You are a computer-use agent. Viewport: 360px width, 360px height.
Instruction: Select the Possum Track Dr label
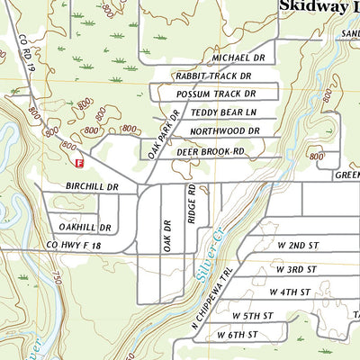pyautogui.click(x=216, y=94)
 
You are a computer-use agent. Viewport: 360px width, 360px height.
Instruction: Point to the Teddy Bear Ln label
pyautogui.click(x=223, y=112)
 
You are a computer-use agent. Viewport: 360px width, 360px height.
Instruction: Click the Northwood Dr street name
pyautogui.click(x=224, y=131)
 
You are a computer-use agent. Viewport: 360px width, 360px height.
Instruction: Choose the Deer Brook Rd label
pyautogui.click(x=211, y=152)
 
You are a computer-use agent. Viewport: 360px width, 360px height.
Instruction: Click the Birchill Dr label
pyautogui.click(x=93, y=186)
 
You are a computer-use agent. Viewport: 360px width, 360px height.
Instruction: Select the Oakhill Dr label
pyautogui.click(x=71, y=227)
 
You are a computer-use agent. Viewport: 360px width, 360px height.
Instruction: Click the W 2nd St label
pyautogui.click(x=296, y=245)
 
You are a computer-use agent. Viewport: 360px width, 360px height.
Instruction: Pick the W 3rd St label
pyautogui.click(x=296, y=269)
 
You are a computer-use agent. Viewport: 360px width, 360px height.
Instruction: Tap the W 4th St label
pyautogui.click(x=292, y=292)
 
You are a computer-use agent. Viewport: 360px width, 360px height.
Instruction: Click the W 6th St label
pyautogui.click(x=238, y=335)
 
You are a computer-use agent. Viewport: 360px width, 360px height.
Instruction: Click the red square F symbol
pyautogui.click(x=80, y=164)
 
